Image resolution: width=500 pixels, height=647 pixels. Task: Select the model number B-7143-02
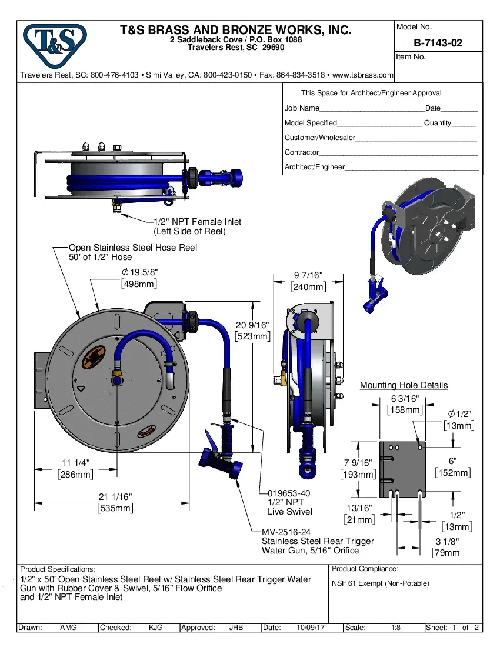pos(438,42)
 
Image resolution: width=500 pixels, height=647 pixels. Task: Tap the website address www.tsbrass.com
pos(363,75)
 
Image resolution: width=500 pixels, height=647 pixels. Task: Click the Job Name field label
pos(302,108)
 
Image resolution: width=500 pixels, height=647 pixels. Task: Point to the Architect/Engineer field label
pos(314,167)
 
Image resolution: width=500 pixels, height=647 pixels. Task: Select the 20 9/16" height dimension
pos(252,325)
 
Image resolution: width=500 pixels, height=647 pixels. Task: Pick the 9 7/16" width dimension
pos(308,276)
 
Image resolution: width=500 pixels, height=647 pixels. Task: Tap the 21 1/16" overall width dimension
pos(115,498)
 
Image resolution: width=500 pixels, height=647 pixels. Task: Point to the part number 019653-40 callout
pos(289,493)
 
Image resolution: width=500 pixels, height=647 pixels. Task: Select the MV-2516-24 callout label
pos(286,532)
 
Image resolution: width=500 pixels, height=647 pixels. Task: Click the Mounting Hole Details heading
pos(404,385)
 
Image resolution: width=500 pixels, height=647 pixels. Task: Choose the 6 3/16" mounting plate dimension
pos(405,399)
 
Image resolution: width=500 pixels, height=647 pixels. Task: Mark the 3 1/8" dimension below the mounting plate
pos(447,542)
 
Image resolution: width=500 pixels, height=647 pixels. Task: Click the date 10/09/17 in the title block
pos(312,628)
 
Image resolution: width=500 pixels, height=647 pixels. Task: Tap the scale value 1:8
pos(396,628)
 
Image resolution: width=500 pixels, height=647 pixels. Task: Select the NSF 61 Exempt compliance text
pos(381,583)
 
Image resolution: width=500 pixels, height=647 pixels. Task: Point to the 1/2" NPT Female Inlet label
pos(197,222)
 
